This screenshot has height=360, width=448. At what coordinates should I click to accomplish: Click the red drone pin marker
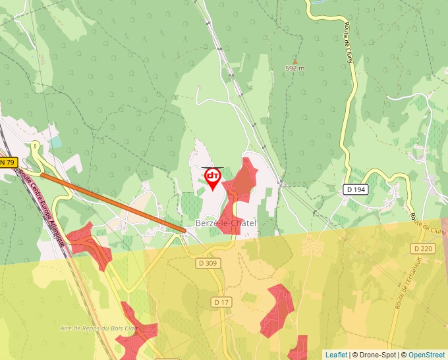click(x=213, y=178)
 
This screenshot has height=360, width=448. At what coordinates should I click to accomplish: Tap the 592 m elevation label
click(x=295, y=68)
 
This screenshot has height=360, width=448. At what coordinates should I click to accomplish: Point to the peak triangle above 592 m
click(x=294, y=61)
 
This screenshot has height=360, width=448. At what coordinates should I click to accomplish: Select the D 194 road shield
click(x=356, y=190)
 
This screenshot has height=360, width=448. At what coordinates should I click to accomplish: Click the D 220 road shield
click(x=423, y=248)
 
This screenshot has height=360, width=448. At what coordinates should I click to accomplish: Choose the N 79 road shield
click(x=7, y=162)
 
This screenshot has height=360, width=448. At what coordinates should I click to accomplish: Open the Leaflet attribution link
click(x=336, y=355)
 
